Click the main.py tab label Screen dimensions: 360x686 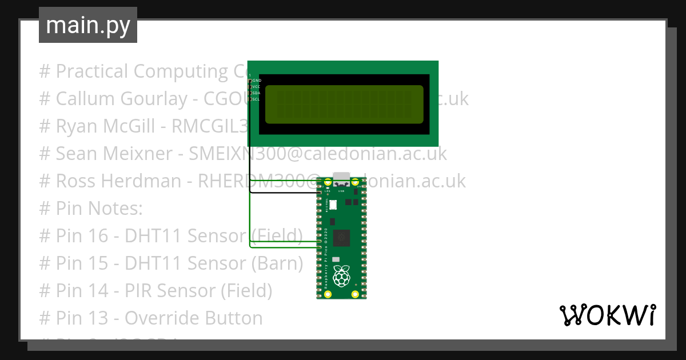point(88,25)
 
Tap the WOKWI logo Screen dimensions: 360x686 point(607,315)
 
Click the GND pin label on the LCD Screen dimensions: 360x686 point(257,81)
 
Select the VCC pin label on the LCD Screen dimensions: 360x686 point(257,87)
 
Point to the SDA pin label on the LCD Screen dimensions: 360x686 point(257,93)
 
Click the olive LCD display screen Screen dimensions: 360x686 point(343,104)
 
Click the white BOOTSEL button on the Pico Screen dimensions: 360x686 point(333,204)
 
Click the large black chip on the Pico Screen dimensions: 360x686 point(342,236)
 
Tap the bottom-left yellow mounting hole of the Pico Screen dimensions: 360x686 point(328,294)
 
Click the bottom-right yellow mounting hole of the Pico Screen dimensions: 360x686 point(356,294)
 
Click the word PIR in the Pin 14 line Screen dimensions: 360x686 point(138,291)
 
